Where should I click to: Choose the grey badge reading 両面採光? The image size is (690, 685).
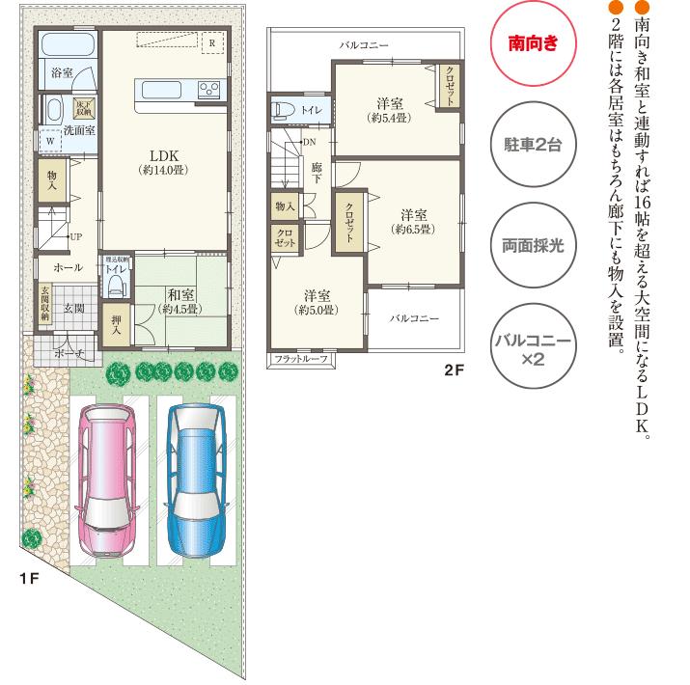click(533, 243)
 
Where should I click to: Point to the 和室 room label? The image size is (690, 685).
click(181, 296)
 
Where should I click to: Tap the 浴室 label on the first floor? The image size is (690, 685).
click(62, 72)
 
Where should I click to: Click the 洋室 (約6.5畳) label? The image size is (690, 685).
click(413, 215)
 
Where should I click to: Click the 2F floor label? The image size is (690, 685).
click(455, 370)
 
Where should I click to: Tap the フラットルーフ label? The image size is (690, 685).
click(301, 360)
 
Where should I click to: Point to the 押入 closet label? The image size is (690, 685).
click(117, 321)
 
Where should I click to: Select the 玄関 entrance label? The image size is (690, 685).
click(75, 308)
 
